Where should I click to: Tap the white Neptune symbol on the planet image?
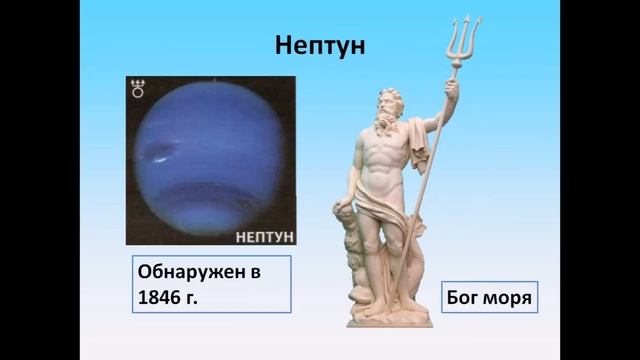138,91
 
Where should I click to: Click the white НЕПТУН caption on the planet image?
263,236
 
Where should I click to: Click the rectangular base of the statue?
385,318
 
